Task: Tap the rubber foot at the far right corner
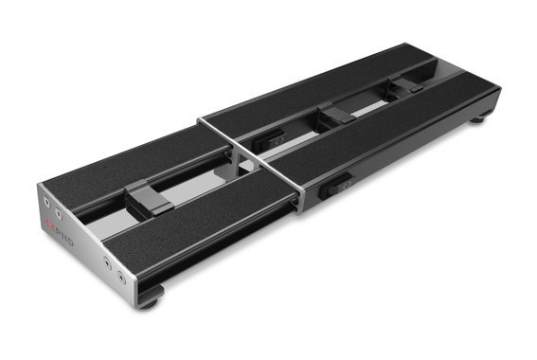(480, 117)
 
